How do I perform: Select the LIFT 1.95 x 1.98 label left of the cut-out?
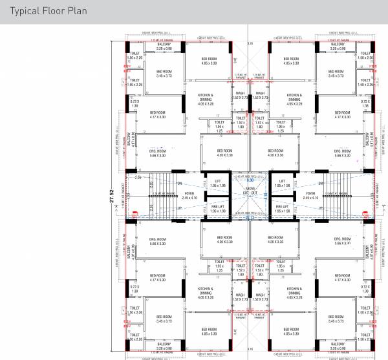[218, 184]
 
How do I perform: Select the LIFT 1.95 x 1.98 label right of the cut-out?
[281, 184]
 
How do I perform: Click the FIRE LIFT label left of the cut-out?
[218, 209]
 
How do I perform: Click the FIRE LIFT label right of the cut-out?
[281, 209]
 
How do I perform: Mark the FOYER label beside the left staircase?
[189, 196]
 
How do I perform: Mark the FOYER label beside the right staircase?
[310, 196]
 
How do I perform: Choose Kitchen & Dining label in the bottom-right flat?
[294, 291]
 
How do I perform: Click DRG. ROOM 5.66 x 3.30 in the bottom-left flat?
[158, 240]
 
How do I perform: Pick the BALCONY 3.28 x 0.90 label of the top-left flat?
[157, 47]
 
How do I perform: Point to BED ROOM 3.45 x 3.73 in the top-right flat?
[336, 74]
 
